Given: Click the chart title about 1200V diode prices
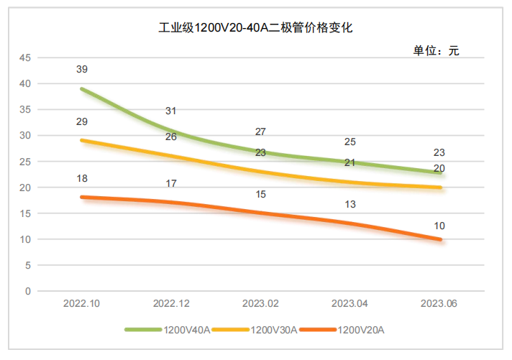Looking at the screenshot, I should pos(256,29).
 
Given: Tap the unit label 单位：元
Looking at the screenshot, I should pos(435,51).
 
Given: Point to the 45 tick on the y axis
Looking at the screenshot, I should pos(25,57).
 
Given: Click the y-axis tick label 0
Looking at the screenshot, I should pos(28,291).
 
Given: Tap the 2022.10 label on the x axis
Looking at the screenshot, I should pos(81,305).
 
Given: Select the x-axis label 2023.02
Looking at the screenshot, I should pos(261,305).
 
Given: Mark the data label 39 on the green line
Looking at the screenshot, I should pos(82,69).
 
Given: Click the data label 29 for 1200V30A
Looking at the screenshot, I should pos(82,121).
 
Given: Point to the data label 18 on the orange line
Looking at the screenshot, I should pos(82,178).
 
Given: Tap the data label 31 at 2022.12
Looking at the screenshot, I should pos(171,111).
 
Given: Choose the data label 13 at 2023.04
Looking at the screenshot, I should pos(350,204).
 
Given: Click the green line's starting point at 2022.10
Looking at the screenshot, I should pos(82,89).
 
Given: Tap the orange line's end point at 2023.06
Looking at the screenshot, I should pos(440,239).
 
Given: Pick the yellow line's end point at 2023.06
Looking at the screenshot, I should pos(440,188).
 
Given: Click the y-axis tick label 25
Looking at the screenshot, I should pos(25,162).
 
